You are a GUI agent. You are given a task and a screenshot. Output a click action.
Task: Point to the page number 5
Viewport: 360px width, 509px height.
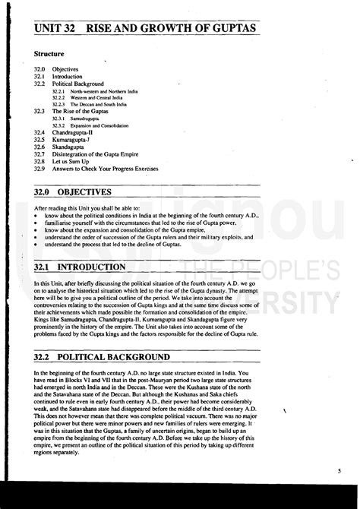[x=339, y=471]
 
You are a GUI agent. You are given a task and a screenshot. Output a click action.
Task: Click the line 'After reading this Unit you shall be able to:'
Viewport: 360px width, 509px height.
[x=90, y=207]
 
